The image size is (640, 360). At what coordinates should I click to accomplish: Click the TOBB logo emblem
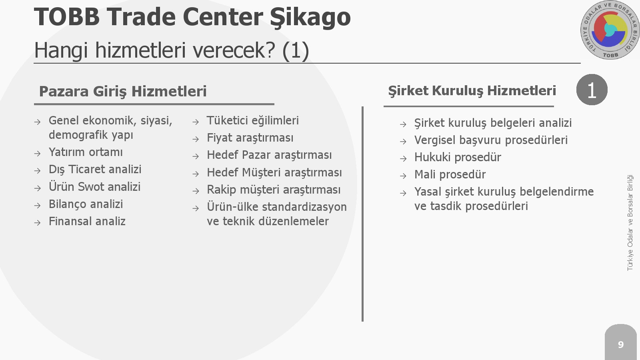point(610,30)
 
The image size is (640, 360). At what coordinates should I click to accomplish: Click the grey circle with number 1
point(592,90)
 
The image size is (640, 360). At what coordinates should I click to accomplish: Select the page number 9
point(620,344)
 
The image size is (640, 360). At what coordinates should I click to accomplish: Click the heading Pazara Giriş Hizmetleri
point(122,92)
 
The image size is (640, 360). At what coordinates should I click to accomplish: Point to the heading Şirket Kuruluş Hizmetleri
point(472,91)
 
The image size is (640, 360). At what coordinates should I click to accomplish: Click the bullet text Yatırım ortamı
point(86,152)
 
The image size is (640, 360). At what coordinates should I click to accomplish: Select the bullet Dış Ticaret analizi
point(95,170)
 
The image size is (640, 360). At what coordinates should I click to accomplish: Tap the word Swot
point(92,186)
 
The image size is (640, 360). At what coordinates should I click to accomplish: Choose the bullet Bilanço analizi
point(86,204)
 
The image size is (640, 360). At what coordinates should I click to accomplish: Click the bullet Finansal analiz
point(87,221)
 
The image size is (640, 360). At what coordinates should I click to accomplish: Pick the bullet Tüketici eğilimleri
point(253,120)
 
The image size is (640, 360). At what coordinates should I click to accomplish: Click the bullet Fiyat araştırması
point(250,138)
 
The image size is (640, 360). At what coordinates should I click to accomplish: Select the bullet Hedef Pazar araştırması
point(269,155)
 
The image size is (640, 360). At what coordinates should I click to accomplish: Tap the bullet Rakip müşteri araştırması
point(274,190)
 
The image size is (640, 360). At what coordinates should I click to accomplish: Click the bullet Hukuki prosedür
point(458,157)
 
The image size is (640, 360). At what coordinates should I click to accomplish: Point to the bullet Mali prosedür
point(450,174)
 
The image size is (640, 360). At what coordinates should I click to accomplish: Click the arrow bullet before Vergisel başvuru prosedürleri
point(403,142)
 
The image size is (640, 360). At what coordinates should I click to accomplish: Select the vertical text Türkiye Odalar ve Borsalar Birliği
point(630,223)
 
